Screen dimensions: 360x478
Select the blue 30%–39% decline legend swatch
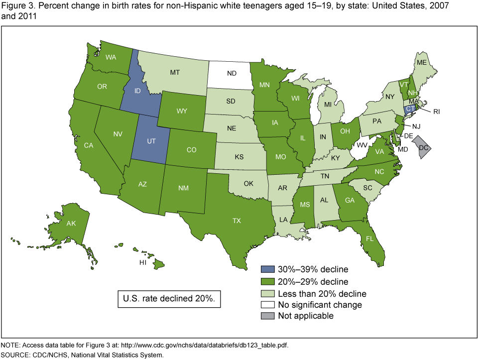tap(266, 270)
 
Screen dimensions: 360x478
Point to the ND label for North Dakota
tap(232, 73)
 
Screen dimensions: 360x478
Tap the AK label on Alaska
tap(71, 223)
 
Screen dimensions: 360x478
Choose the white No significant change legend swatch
tap(266, 304)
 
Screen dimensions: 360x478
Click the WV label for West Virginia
tap(361, 145)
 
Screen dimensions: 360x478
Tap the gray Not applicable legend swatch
tap(266, 316)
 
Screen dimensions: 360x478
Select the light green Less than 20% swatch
tap(266, 293)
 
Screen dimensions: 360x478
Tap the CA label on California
tap(89, 145)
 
